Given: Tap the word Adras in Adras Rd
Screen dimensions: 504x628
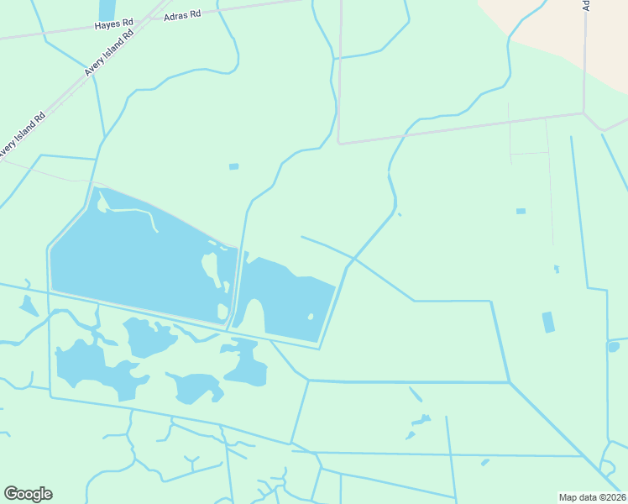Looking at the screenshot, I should pyautogui.click(x=176, y=15).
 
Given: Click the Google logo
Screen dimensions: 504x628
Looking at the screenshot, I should pyautogui.click(x=28, y=494).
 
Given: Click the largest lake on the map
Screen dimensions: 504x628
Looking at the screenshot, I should pyautogui.click(x=126, y=260).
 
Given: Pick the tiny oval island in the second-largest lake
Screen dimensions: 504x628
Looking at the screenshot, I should pyautogui.click(x=311, y=317).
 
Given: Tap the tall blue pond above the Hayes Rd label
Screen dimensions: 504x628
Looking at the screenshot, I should pyautogui.click(x=107, y=10).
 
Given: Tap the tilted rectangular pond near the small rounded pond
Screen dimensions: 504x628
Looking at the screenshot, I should pyautogui.click(x=548, y=322).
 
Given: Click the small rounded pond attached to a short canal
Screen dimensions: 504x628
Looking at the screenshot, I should pyautogui.click(x=613, y=346).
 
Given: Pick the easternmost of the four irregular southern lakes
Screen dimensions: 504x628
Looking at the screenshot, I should pyautogui.click(x=245, y=365).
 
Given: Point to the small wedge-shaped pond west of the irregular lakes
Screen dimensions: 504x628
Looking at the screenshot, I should pyautogui.click(x=29, y=306).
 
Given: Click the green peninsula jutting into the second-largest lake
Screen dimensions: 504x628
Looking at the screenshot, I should pyautogui.click(x=255, y=317).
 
